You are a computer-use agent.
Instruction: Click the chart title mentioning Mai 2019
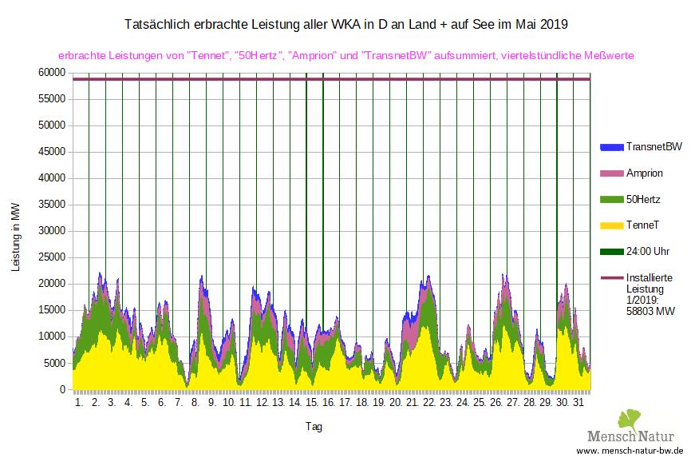coord(347,25)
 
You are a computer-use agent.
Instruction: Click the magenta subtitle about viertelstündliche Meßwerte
coord(346,56)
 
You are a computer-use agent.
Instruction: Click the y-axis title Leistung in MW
coord(17,237)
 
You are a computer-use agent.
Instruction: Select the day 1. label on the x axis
coord(79,403)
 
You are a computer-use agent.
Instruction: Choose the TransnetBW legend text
coord(654,147)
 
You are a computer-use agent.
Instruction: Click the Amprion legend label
coord(645,173)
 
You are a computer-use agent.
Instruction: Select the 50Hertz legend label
coord(645,199)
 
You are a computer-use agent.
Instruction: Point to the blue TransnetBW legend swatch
coord(610,147)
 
